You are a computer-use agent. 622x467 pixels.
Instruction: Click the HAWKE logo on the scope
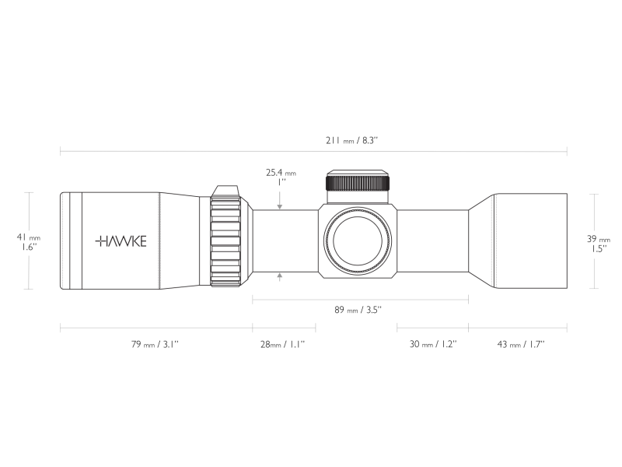pyautogui.click(x=121, y=241)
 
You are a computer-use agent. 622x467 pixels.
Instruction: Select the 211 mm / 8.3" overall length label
pyautogui.click(x=351, y=140)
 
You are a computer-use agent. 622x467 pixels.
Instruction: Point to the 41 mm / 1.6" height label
pyautogui.click(x=29, y=241)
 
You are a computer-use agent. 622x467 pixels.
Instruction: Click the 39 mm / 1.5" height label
pyautogui.click(x=597, y=244)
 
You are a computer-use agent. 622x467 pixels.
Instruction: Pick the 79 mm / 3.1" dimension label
pyautogui.click(x=155, y=343)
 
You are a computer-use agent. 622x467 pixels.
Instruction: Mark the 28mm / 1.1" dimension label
pyautogui.click(x=282, y=343)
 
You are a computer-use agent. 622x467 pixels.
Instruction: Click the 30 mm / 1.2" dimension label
pyautogui.click(x=433, y=343)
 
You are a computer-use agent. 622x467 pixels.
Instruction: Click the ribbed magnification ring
pyautogui.click(x=225, y=241)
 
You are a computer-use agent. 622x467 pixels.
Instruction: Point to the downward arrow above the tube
pyautogui.click(x=280, y=205)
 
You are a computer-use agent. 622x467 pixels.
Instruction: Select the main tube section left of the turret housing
pyautogui.click(x=284, y=241)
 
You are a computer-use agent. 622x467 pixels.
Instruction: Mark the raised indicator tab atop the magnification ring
pyautogui.click(x=226, y=191)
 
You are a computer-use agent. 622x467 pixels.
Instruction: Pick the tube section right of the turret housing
pyautogui.click(x=432, y=241)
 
